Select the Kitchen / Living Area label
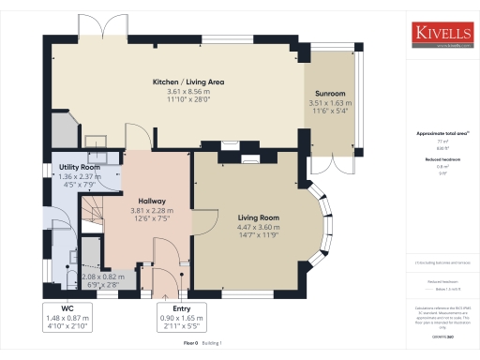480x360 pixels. pyautogui.click(x=188, y=82)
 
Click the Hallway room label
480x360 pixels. pyautogui.click(x=152, y=201)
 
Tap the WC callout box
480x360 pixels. pyautogui.click(x=67, y=316)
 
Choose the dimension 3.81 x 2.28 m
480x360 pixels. pyautogui.click(x=152, y=210)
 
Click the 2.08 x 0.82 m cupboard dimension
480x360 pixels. pyautogui.click(x=101, y=278)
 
